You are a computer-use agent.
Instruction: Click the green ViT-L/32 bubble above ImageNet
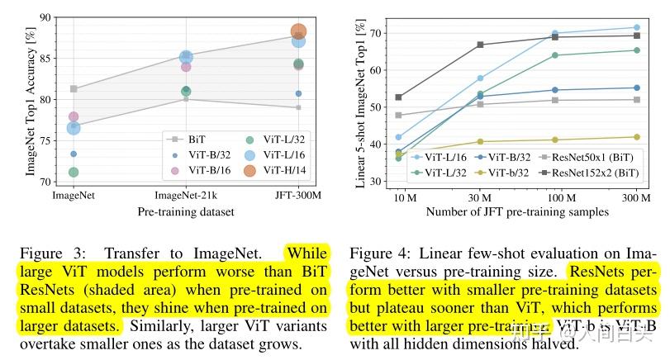[x=74, y=172]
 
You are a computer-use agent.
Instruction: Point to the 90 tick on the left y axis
[x=43, y=17]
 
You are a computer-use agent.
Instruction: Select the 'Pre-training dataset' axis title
[x=186, y=211]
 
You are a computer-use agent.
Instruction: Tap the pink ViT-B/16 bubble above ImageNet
[x=74, y=116]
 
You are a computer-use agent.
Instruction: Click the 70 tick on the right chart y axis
[x=378, y=33]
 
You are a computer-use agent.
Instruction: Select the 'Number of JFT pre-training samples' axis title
[x=517, y=211]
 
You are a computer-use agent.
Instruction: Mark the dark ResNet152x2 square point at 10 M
[x=399, y=97]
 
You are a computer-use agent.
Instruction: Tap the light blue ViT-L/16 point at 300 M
[x=636, y=27]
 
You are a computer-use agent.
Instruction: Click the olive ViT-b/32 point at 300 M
[x=636, y=137]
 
